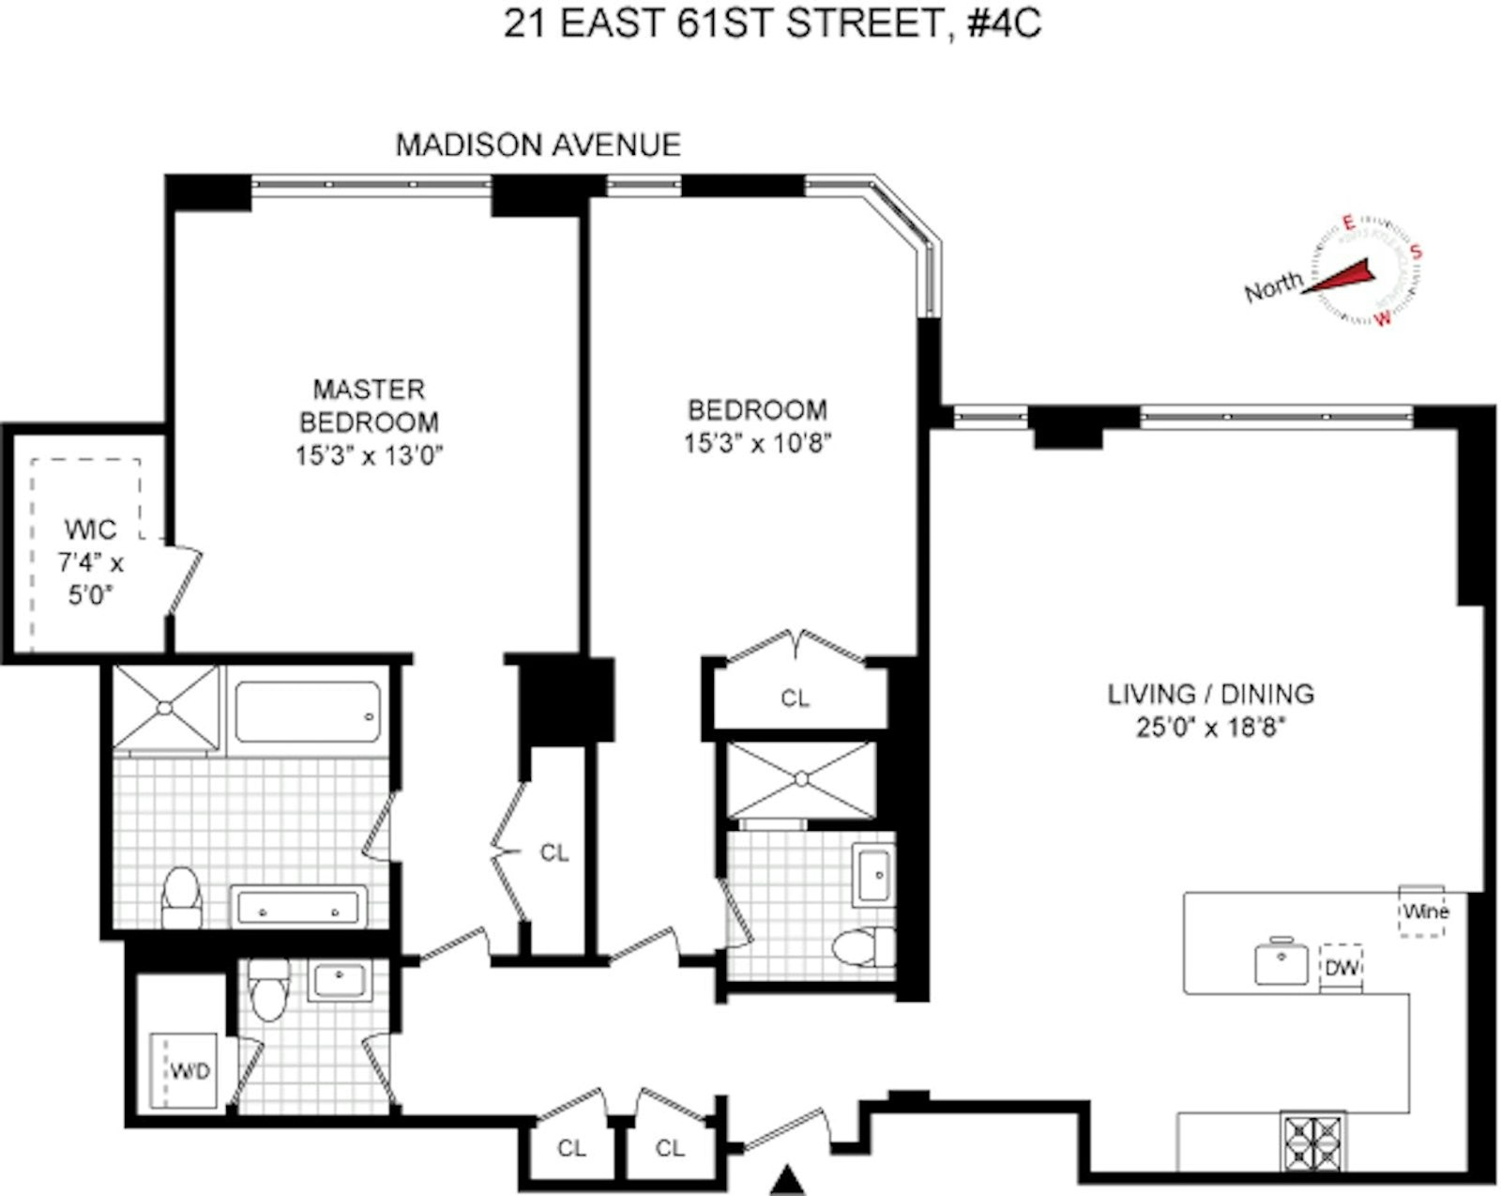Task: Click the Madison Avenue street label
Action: (x=538, y=145)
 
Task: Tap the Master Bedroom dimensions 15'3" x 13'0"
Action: (x=369, y=456)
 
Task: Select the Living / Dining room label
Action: (x=1210, y=695)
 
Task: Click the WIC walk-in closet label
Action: (x=91, y=529)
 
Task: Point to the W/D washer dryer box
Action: (x=188, y=1070)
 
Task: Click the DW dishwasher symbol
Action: (x=1342, y=967)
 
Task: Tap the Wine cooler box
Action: (x=1423, y=911)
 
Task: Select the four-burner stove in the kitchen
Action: (x=1313, y=1141)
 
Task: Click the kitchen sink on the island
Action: (x=1281, y=962)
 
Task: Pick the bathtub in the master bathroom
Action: (x=308, y=713)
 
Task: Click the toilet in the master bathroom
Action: (x=182, y=897)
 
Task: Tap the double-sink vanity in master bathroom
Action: (x=298, y=908)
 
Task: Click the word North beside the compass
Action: (x=1273, y=286)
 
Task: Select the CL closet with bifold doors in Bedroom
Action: (x=795, y=698)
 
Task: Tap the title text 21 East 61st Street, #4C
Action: (x=771, y=23)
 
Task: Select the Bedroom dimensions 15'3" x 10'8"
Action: (x=757, y=443)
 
